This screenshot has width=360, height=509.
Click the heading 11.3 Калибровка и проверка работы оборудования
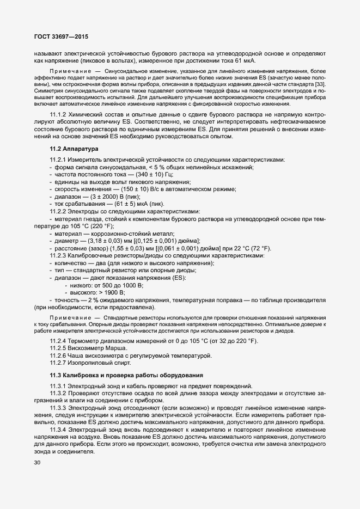[x=126, y=375]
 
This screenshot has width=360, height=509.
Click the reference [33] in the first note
[x=319, y=84]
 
